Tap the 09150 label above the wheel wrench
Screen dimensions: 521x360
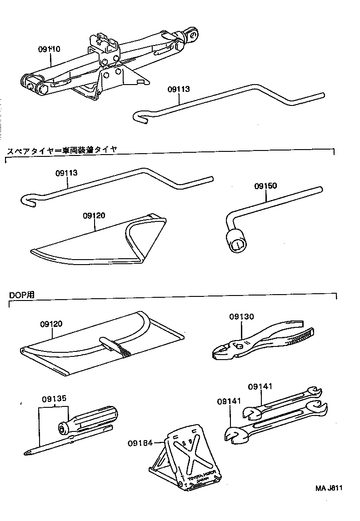point(265,186)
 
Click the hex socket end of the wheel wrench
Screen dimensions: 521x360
point(238,244)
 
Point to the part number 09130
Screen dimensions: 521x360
point(241,317)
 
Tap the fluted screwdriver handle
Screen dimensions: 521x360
point(93,419)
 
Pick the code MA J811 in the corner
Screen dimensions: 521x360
point(329,489)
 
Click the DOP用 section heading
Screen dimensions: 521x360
point(21,295)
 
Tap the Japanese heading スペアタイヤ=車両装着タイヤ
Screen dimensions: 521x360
point(61,150)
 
